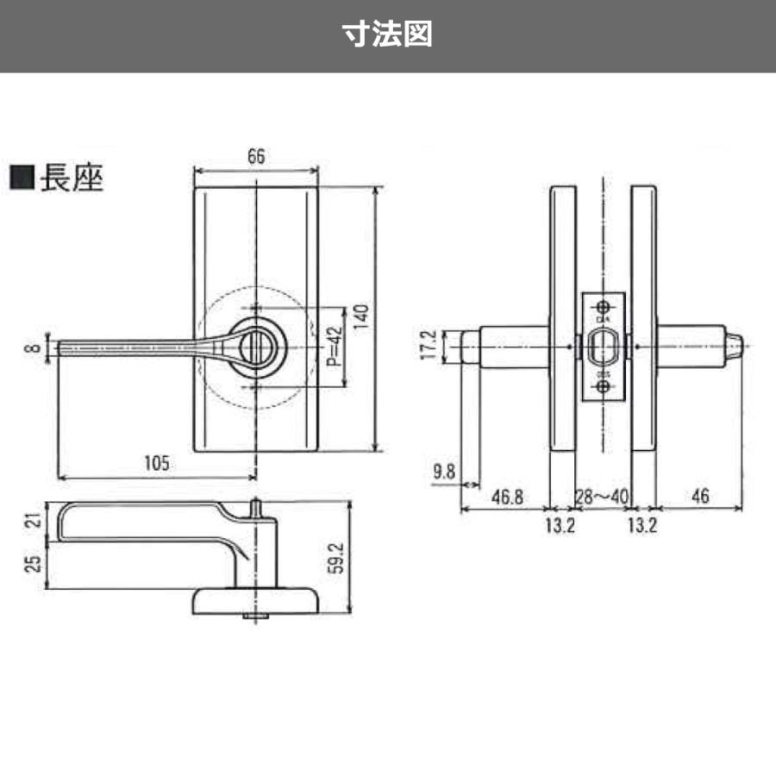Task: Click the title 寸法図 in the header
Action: pyautogui.click(x=387, y=34)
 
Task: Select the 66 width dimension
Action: pyautogui.click(x=255, y=156)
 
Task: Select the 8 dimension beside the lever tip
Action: pyautogui.click(x=32, y=347)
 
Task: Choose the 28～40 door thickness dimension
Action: pyautogui.click(x=601, y=497)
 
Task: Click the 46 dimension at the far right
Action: pyautogui.click(x=699, y=497)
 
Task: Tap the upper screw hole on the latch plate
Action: pyautogui.click(x=603, y=307)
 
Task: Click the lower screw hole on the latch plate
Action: pyautogui.click(x=603, y=387)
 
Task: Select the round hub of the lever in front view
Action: pyautogui.click(x=256, y=347)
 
